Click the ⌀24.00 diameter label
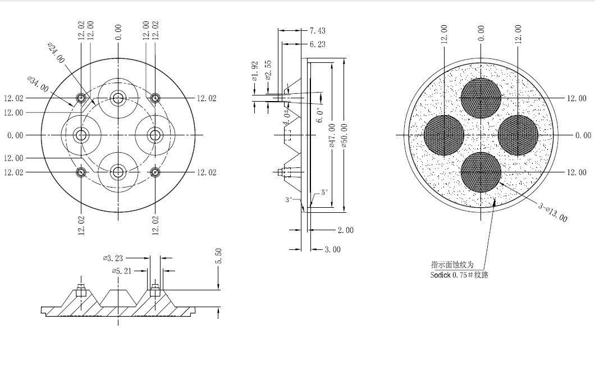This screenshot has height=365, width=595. click(x=56, y=53)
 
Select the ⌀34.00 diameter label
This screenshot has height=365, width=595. click(x=38, y=84)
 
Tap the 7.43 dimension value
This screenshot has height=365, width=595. click(x=318, y=31)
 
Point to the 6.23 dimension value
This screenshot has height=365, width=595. click(x=318, y=44)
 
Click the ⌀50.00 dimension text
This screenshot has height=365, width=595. click(x=344, y=135)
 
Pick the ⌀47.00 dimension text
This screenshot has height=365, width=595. click(x=332, y=135)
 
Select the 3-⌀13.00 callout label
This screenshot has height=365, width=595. click(x=553, y=212)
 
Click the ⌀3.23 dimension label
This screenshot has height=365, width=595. click(x=113, y=258)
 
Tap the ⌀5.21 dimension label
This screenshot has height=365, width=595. click(x=122, y=271)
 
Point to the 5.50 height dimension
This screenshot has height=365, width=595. click(x=218, y=256)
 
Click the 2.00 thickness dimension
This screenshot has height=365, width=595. click(x=346, y=230)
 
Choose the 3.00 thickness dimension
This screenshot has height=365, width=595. click(x=333, y=250)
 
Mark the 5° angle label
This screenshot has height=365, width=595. click(x=324, y=193)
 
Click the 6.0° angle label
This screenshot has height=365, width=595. click(x=321, y=115)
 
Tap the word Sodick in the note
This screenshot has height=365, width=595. click(x=441, y=275)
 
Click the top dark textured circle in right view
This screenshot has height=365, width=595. click(x=481, y=98)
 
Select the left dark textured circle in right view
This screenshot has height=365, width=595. click(x=444, y=135)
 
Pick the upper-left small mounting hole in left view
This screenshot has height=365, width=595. click(x=81, y=98)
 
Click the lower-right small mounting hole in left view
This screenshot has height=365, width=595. click(x=155, y=172)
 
